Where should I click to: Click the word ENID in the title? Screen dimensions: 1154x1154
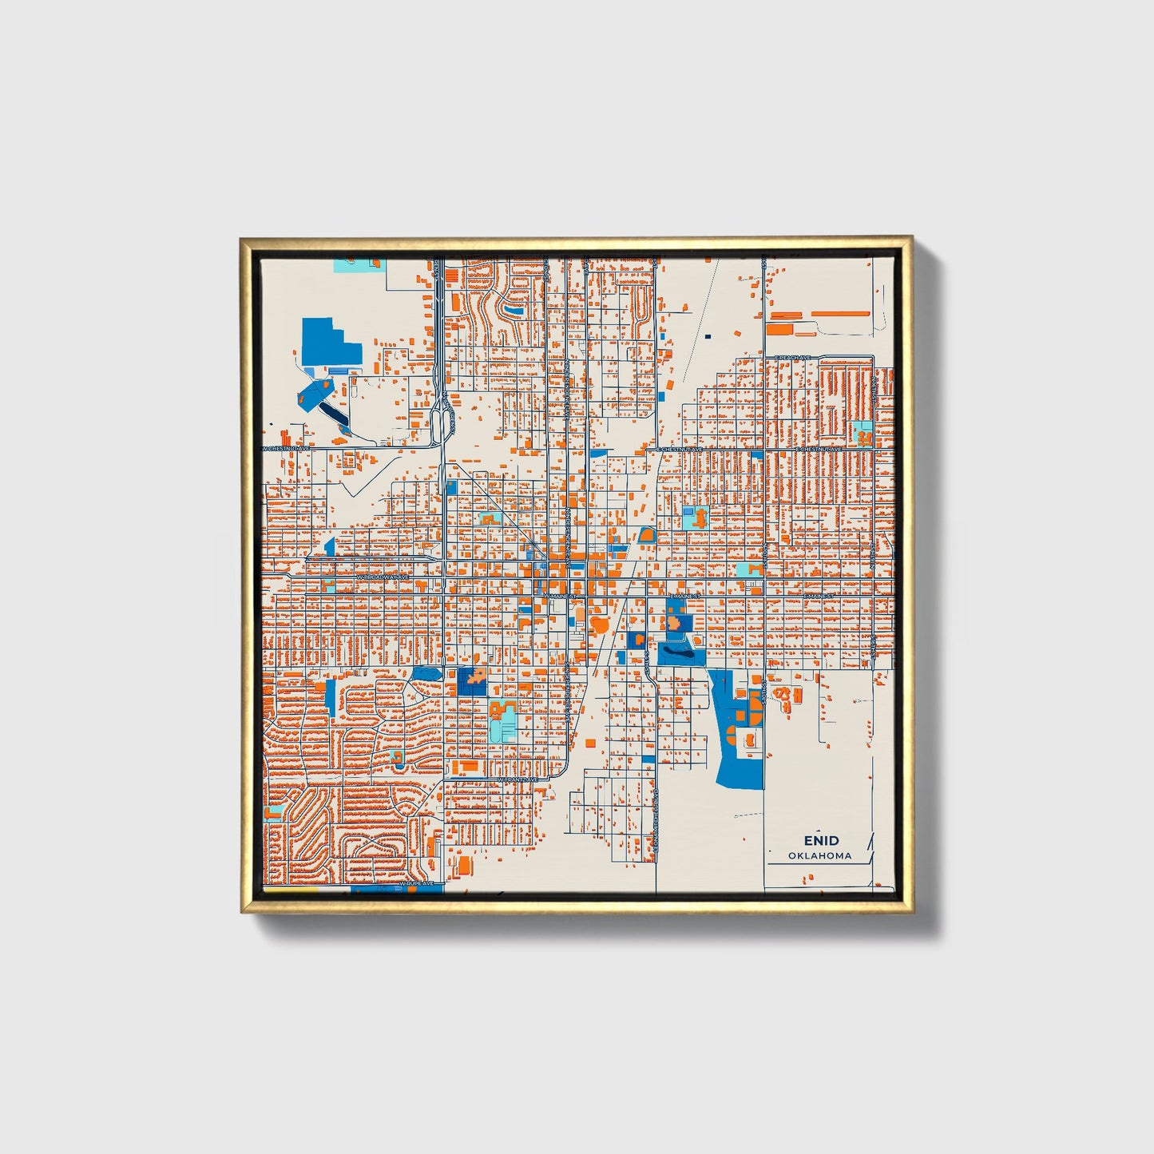(821, 840)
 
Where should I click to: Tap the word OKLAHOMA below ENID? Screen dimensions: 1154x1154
(819, 855)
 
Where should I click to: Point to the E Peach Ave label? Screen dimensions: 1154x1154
(792, 357)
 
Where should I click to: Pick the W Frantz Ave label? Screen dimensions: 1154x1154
(518, 779)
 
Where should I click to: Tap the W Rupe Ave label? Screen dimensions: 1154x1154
(418, 883)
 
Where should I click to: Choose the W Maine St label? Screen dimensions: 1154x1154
(559, 596)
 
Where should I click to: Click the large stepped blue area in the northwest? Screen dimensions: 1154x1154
(327, 343)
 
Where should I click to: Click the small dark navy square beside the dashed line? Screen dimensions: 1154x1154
(708, 336)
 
